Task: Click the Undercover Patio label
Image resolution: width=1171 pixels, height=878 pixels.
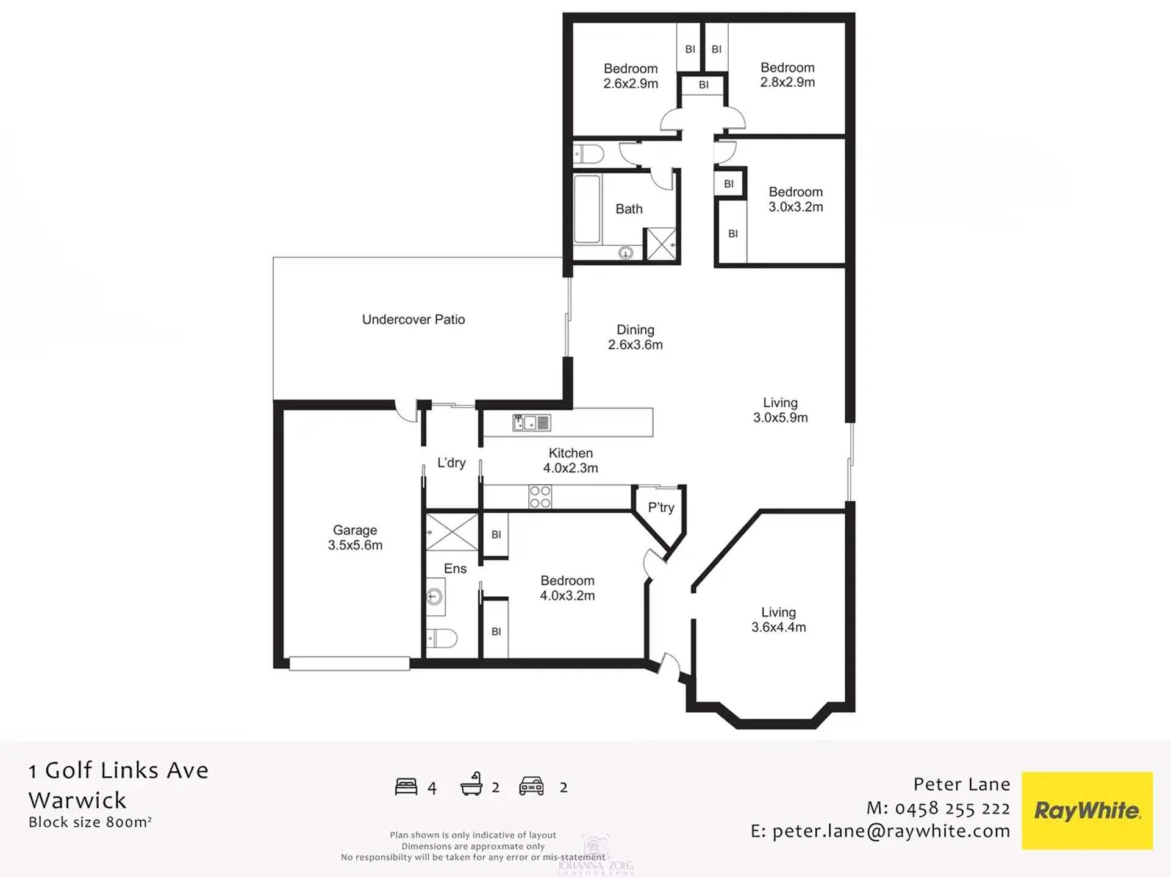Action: point(414,319)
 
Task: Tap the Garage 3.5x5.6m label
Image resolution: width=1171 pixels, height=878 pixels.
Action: point(355,538)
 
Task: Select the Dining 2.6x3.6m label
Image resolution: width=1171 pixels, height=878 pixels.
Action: point(636,337)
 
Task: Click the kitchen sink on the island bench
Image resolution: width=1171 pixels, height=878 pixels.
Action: point(531,423)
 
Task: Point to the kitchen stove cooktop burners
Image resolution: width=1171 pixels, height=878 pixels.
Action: point(540,497)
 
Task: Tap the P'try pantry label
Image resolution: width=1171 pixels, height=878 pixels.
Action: point(661,508)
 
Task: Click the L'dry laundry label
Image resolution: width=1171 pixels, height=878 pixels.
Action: point(451,463)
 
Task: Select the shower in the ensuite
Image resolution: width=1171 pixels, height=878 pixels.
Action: point(452,532)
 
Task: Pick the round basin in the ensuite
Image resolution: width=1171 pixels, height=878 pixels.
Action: point(435,596)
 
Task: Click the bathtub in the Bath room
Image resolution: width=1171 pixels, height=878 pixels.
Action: point(587,209)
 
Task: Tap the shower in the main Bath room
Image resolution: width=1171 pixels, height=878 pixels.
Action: point(661,244)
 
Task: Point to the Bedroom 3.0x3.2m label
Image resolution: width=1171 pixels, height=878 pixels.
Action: point(796,199)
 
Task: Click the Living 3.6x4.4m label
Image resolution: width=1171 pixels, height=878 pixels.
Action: point(779,619)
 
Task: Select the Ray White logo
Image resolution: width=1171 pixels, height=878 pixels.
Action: point(1087,810)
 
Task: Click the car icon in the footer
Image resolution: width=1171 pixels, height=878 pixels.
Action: point(531,786)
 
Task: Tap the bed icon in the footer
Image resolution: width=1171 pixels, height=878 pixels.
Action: point(406,787)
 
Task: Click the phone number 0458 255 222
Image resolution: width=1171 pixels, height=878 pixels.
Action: point(953,808)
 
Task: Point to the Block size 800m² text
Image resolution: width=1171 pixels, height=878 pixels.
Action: point(90,822)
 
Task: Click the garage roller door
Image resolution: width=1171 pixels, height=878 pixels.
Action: point(349,663)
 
